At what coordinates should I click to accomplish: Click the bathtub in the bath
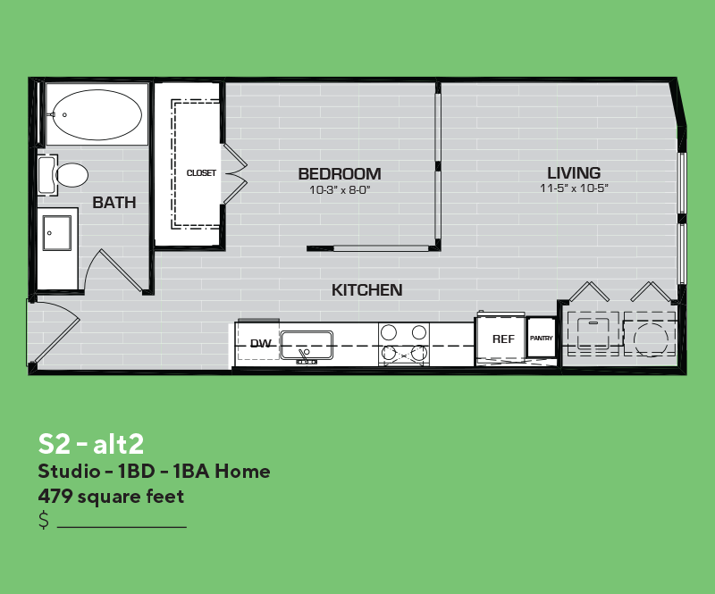97,114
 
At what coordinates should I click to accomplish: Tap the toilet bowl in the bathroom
71,175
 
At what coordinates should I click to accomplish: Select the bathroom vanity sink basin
57,233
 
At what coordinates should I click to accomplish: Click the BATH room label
114,203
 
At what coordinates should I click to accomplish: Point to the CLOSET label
201,172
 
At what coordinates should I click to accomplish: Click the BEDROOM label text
340,173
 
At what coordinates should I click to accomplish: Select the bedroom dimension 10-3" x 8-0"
340,189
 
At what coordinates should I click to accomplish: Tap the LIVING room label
574,172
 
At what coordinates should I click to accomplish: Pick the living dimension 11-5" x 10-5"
574,188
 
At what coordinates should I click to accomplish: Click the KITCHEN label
367,290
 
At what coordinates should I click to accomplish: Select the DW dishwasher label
261,343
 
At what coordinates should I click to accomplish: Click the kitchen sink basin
307,345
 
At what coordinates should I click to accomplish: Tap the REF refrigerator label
503,339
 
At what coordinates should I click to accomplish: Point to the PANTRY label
542,339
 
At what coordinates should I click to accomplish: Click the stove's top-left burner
389,332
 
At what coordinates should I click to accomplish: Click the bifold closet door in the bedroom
235,173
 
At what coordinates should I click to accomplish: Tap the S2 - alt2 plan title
91,444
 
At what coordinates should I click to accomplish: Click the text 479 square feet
111,497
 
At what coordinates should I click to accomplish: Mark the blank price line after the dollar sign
122,527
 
